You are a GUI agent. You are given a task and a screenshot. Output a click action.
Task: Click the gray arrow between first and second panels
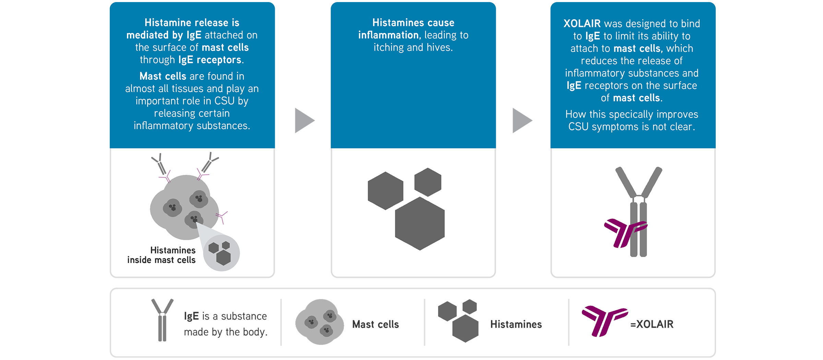[303, 120]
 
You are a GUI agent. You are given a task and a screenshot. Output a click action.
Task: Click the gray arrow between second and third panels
[521, 120]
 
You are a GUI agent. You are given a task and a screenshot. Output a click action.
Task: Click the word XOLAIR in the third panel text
[582, 24]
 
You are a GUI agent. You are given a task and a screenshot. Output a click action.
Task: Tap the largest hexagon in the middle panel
[420, 223]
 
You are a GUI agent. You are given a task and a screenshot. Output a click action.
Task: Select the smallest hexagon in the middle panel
[428, 182]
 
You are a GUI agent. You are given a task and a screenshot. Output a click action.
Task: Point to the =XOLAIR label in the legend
[652, 324]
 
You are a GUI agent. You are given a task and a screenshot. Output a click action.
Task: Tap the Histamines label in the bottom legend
[516, 324]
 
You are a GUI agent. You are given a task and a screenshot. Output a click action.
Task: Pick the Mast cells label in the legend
[375, 324]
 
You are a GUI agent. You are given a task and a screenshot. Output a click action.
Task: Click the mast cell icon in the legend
[320, 322]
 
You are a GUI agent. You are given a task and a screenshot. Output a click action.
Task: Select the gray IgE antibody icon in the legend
[163, 320]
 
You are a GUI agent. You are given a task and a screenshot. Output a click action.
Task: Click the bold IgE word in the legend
[191, 316]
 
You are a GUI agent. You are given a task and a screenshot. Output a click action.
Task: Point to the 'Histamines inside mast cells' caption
[162, 255]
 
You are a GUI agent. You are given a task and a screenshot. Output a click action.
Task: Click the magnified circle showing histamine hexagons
[221, 253]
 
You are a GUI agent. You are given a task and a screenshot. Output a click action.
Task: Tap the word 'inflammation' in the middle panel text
[388, 35]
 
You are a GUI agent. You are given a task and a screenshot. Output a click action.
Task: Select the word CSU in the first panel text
[224, 101]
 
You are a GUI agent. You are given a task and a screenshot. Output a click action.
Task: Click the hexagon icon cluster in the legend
[458, 321]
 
